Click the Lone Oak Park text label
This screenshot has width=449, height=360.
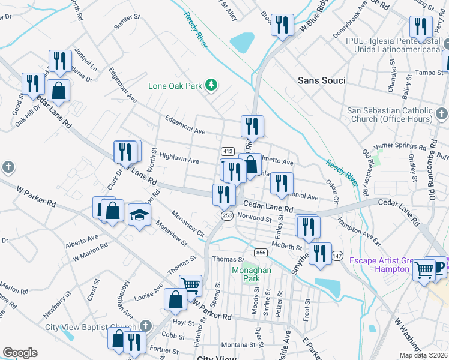(175, 86)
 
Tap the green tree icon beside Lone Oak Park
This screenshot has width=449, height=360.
(211, 85)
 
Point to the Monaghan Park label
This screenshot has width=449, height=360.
(252, 274)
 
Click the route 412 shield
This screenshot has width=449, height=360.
(227, 151)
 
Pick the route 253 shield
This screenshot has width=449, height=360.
(227, 215)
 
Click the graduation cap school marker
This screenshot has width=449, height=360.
(139, 215)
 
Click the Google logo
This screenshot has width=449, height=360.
(20, 353)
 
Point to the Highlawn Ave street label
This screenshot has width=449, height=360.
(178, 161)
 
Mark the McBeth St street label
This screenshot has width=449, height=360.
(286, 247)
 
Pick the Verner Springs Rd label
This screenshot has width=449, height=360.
(395, 146)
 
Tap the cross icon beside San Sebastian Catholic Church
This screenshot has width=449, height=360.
(441, 113)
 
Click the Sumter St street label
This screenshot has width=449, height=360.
(127, 22)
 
